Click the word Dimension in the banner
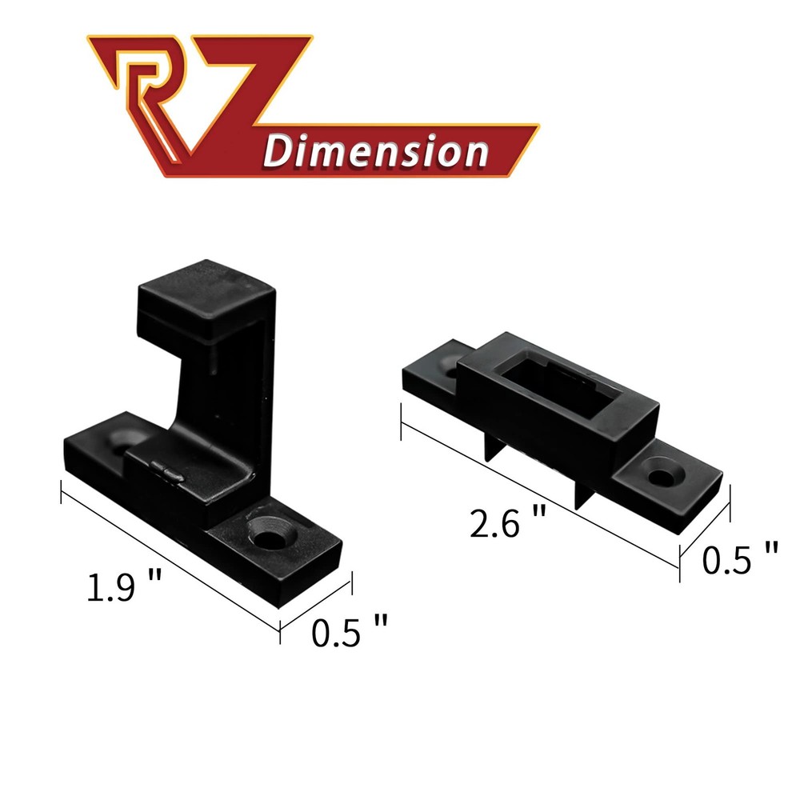coord(376,150)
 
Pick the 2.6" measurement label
coord(509,525)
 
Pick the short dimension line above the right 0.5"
coord(706,528)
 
